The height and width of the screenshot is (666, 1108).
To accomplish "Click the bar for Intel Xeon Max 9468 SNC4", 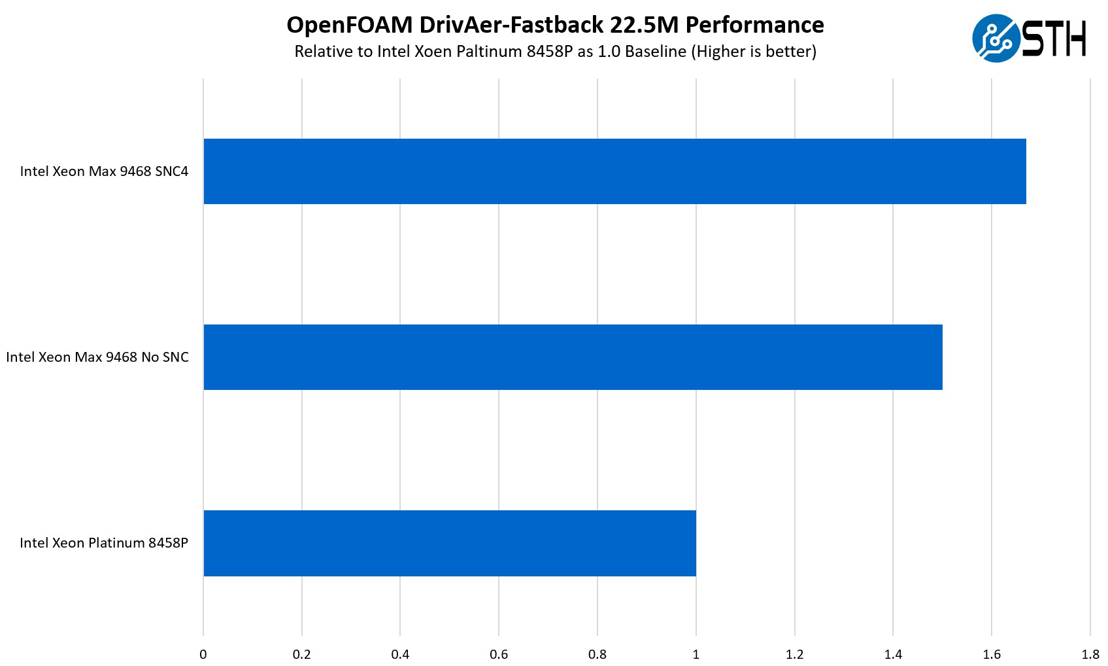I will click(x=614, y=171).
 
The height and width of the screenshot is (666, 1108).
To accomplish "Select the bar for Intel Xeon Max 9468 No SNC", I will click(x=573, y=357).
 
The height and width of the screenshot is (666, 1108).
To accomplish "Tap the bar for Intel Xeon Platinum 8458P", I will click(x=450, y=543).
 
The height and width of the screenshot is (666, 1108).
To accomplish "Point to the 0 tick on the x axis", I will click(x=203, y=654).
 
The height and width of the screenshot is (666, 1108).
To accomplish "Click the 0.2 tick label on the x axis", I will click(x=302, y=654).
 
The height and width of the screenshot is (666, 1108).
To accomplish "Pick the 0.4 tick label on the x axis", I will click(x=400, y=654).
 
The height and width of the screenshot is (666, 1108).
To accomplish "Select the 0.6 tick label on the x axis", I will click(x=499, y=654).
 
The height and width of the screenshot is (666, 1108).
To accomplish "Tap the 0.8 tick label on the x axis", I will click(x=597, y=654).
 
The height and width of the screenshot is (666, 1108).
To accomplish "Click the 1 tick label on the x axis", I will click(x=696, y=654).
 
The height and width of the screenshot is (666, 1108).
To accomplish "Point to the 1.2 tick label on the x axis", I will click(x=795, y=654).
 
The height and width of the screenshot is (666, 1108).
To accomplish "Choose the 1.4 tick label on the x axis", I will click(x=893, y=654).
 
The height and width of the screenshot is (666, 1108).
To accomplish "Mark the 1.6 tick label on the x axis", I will click(x=992, y=654).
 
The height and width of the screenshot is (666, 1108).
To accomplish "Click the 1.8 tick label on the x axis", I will click(x=1090, y=654).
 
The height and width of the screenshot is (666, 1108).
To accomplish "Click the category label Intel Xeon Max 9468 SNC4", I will click(x=104, y=171).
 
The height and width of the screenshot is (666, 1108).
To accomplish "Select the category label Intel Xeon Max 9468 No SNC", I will click(x=97, y=357).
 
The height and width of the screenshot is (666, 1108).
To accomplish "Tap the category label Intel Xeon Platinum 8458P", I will click(x=104, y=543).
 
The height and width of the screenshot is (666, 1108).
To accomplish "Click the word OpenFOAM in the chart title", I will click(x=350, y=25).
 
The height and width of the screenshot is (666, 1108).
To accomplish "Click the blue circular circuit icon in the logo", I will click(x=996, y=38).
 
